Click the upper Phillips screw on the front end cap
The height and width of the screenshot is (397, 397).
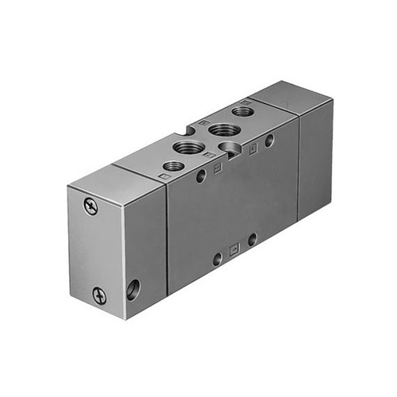[91, 206]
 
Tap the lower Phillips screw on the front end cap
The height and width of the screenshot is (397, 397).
[99, 296]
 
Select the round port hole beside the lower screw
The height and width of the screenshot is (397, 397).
[132, 288]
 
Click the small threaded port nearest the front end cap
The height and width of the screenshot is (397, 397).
[172, 166]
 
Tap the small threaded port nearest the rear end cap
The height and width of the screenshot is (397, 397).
[244, 112]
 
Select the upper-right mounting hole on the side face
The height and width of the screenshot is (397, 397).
[270, 141]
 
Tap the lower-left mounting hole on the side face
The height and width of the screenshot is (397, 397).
[217, 259]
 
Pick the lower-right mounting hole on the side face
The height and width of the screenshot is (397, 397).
[252, 239]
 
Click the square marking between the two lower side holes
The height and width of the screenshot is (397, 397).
[233, 249]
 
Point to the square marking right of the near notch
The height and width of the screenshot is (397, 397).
[252, 148]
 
